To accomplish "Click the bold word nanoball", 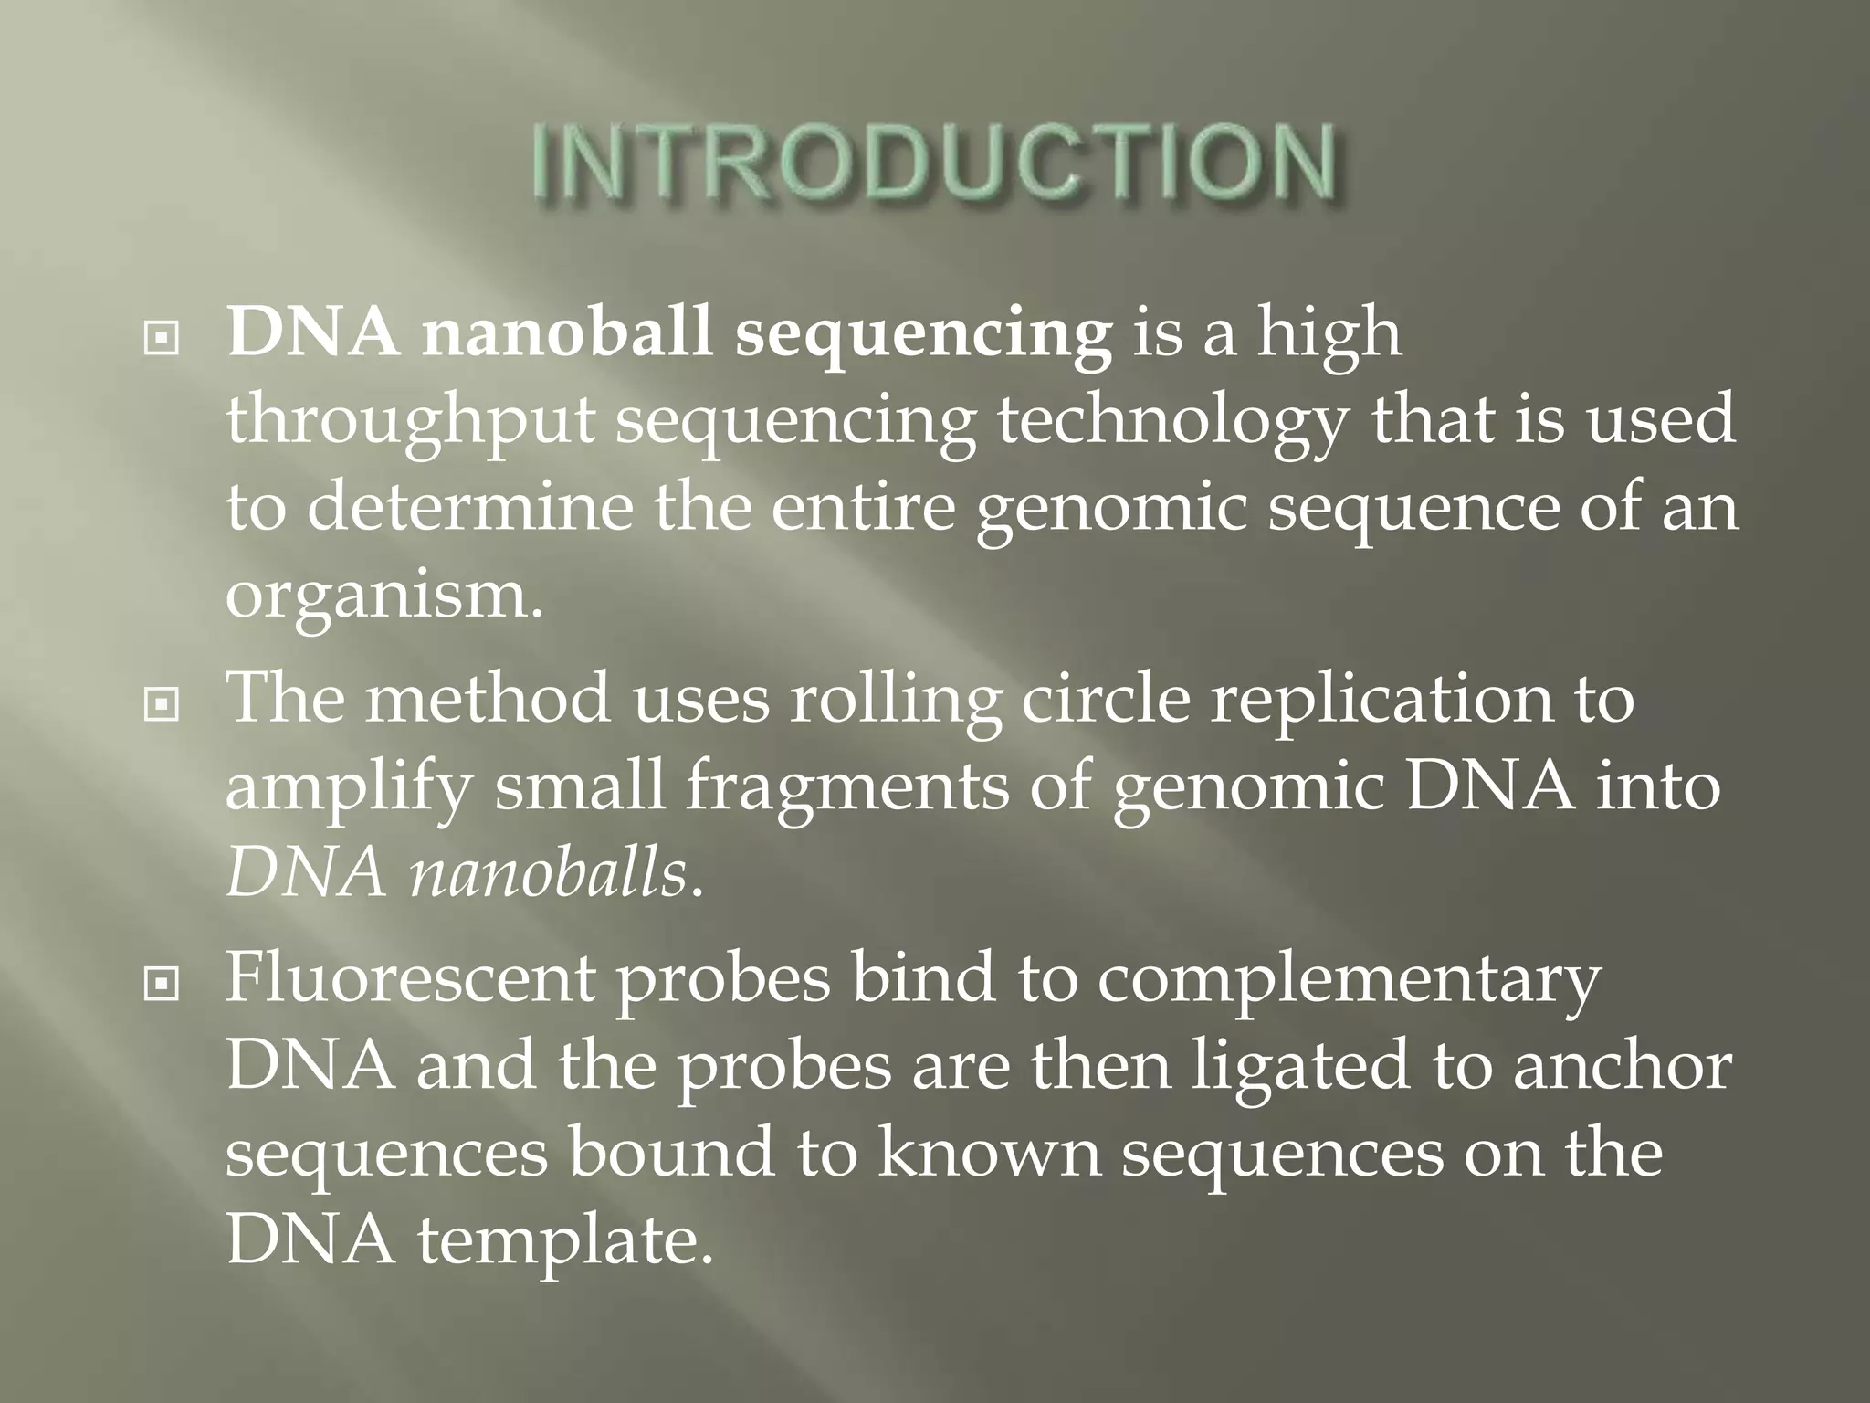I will point(566,332).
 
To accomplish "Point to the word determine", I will point(470,508).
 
